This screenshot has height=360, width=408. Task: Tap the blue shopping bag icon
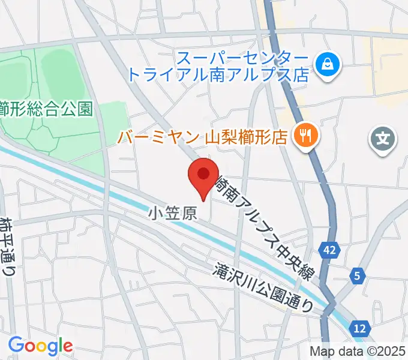coord(328,62)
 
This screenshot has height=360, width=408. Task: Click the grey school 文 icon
coord(383,140)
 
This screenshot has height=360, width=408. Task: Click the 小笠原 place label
coord(172,213)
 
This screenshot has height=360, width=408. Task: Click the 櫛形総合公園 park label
coord(46,109)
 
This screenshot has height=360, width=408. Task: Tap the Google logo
coord(40,346)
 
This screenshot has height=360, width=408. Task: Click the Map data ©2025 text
coord(358,352)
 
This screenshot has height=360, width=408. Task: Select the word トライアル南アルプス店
coord(218,76)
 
